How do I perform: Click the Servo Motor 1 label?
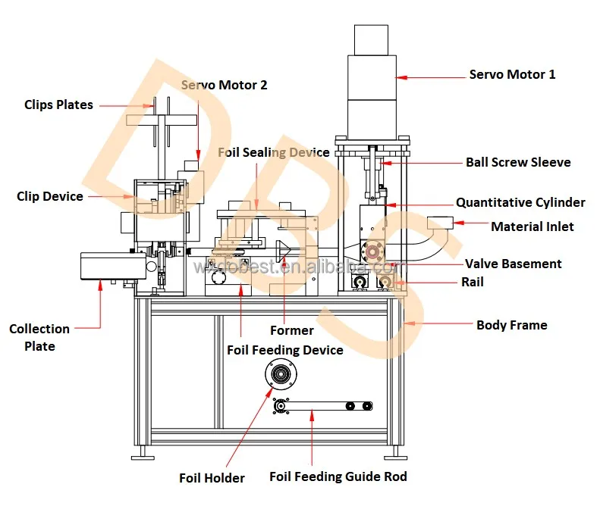click(x=512, y=74)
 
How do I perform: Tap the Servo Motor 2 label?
click(x=224, y=85)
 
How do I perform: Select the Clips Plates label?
click(x=58, y=105)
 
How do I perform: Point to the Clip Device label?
click(x=50, y=196)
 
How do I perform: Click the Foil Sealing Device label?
click(x=274, y=152)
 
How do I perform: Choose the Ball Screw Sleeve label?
click(x=518, y=162)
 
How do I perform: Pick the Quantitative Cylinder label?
click(x=520, y=202)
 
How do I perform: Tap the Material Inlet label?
click(x=532, y=226)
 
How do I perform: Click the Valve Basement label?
click(x=513, y=264)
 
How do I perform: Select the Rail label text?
click(x=472, y=282)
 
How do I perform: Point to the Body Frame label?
click(x=511, y=325)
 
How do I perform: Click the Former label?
click(x=291, y=330)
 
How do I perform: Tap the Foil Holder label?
click(x=212, y=478)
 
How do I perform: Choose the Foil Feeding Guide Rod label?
click(x=338, y=476)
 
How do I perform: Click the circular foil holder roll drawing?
click(x=280, y=375)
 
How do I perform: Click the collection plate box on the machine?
click(x=112, y=266)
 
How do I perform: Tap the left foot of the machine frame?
click(x=140, y=456)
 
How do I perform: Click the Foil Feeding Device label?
click(x=285, y=350)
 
